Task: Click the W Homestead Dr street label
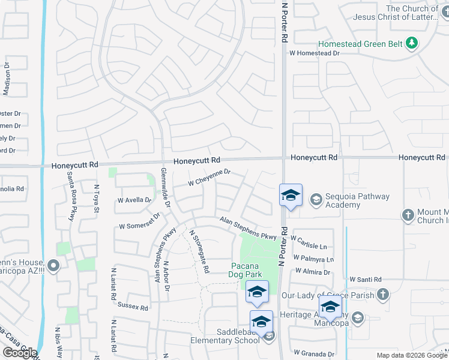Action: coord(315,53)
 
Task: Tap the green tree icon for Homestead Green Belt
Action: coord(412,43)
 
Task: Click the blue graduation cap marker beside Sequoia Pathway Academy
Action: coord(291,196)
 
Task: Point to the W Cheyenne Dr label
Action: coord(209,177)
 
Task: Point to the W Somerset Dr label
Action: coord(140,222)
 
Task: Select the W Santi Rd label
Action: coord(366,280)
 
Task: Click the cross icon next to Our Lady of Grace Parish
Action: coord(384,295)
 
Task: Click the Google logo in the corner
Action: coord(20,353)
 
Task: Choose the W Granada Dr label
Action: coord(313,354)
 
